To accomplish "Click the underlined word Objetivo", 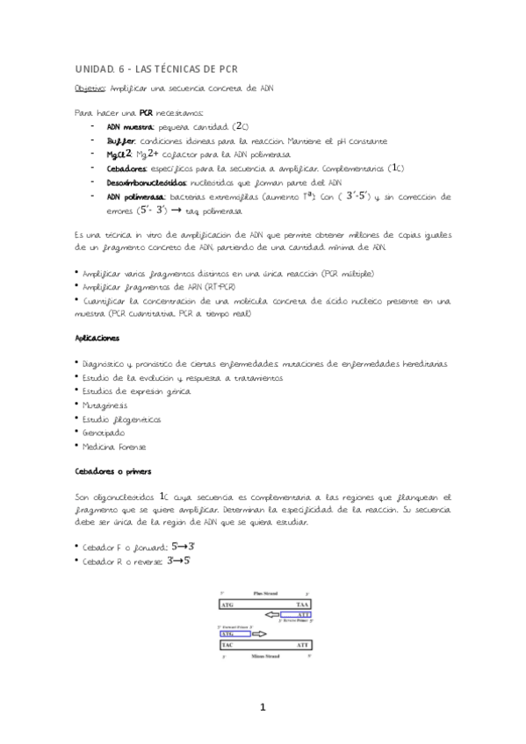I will (x=90, y=89).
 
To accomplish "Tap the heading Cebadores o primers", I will (x=113, y=472).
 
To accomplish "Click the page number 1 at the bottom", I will (x=262, y=707).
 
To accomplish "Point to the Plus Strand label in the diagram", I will (x=260, y=594).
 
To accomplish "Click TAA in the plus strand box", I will (x=301, y=604).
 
